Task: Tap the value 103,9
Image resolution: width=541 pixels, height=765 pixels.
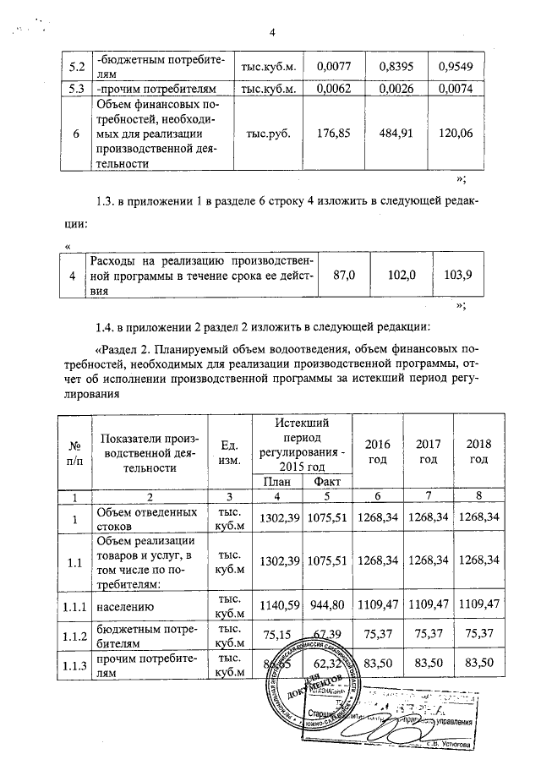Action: [x=456, y=276]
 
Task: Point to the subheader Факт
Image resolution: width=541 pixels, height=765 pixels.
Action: [x=321, y=481]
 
